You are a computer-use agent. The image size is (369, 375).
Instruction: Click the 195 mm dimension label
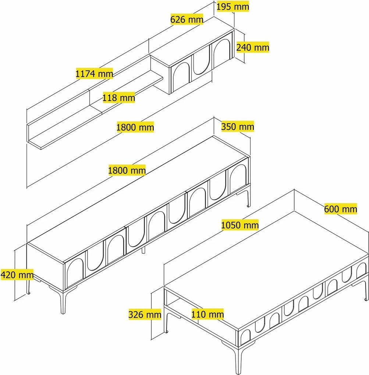(x=233, y=7)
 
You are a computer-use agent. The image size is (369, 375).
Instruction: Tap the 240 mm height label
(x=252, y=47)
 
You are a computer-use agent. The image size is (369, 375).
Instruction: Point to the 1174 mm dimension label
(x=94, y=74)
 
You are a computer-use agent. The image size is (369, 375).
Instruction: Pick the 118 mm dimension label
(x=119, y=98)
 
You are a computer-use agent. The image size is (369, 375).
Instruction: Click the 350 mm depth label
(x=238, y=127)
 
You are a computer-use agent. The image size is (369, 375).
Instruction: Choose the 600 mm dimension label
(x=341, y=209)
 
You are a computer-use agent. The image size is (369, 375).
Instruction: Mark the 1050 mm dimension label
(x=240, y=225)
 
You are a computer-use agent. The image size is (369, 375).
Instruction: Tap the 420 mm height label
(x=17, y=274)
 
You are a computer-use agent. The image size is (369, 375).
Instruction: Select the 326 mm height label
(x=145, y=315)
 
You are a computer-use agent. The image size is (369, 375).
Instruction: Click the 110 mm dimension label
(x=207, y=314)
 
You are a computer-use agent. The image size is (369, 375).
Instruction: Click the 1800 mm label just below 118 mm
(x=135, y=128)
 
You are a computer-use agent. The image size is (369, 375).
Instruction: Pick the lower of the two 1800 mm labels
(x=127, y=170)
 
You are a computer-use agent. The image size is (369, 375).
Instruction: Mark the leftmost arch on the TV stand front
(x=74, y=272)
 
